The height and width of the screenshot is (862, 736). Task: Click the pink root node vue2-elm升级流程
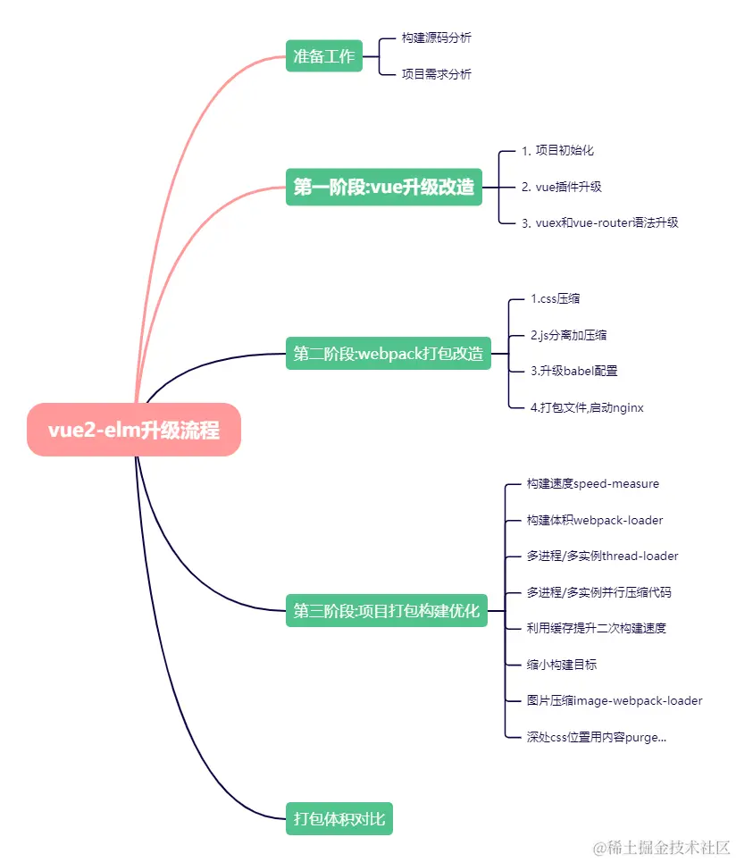(x=134, y=430)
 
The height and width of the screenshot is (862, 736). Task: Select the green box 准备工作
(x=324, y=56)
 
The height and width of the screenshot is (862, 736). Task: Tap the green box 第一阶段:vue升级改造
(x=383, y=187)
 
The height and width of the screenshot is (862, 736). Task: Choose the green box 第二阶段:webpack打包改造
(x=388, y=353)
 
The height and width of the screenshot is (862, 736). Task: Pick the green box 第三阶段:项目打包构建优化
(x=386, y=611)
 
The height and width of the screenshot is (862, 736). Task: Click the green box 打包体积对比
(x=339, y=818)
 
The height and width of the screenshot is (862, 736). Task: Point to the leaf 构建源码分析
(x=436, y=38)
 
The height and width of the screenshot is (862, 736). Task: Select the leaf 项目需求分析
(x=436, y=74)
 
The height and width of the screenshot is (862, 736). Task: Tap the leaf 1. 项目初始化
(x=557, y=150)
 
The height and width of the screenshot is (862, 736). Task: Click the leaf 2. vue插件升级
(x=561, y=187)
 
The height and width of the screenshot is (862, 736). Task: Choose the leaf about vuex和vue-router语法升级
(x=599, y=222)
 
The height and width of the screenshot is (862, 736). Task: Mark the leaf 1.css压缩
(x=555, y=298)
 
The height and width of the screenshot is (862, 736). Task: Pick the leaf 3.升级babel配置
(x=573, y=371)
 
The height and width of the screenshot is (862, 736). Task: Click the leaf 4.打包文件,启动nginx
(x=587, y=407)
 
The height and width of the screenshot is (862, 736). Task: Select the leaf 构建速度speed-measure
(x=593, y=483)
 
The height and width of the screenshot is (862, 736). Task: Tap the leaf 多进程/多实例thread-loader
(x=603, y=556)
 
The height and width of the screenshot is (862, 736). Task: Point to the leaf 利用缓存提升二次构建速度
(x=597, y=628)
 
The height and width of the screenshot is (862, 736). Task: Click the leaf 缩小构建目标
(x=562, y=665)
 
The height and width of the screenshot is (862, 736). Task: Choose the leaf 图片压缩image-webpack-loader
(x=615, y=700)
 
